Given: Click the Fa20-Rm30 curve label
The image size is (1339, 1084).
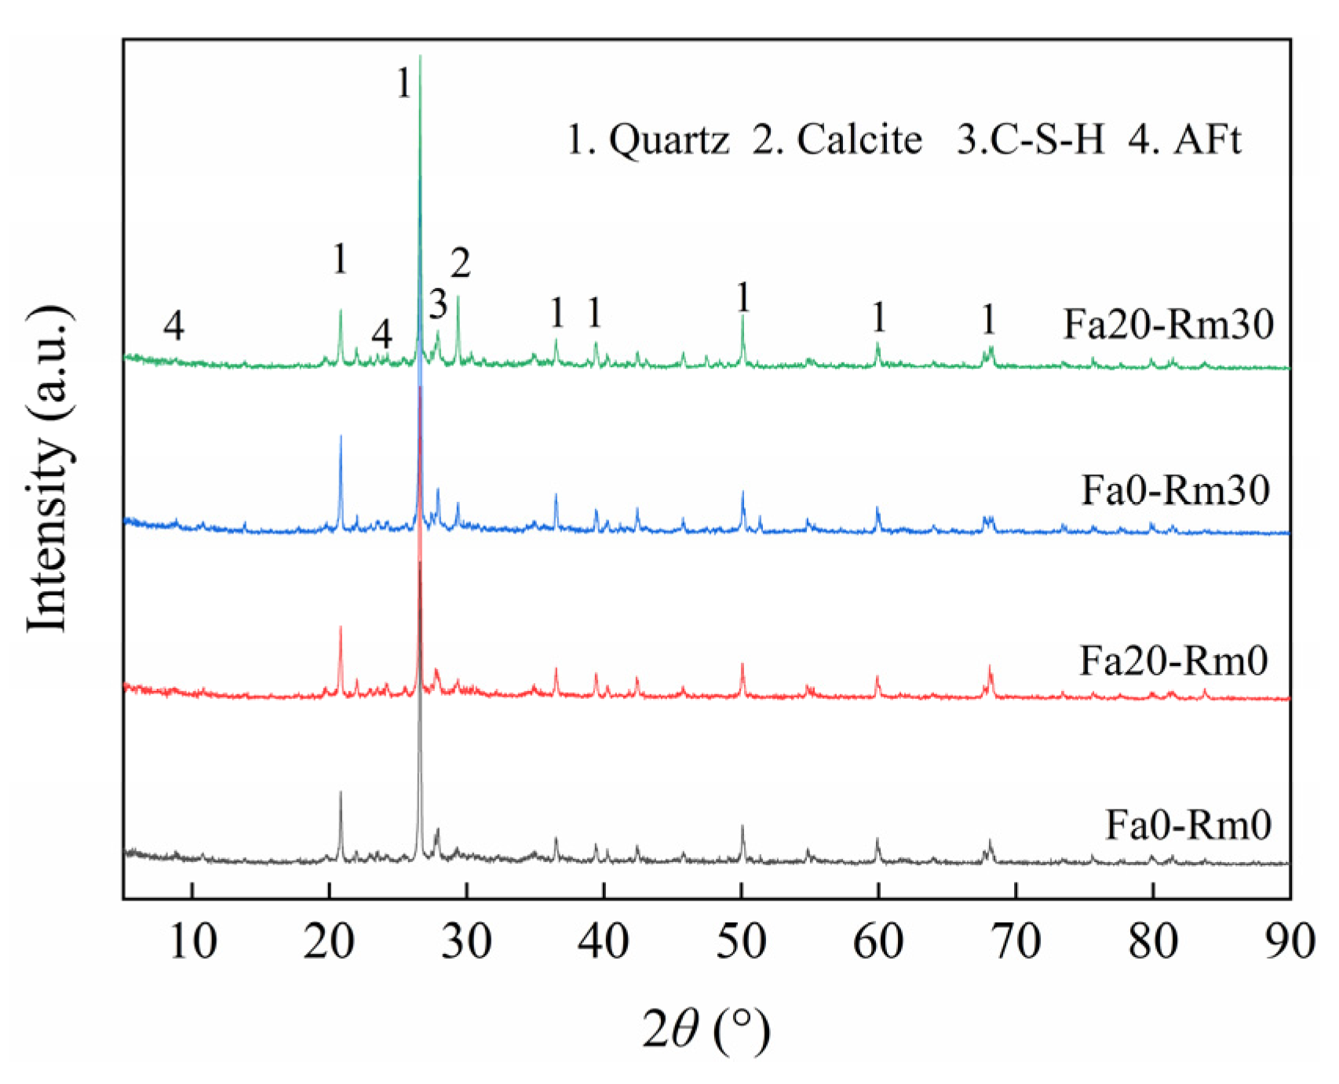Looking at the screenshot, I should coord(1168,324).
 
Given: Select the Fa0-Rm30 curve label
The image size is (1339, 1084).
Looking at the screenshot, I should coord(1175,490).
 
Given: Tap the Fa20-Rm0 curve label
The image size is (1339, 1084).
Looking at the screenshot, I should coord(1173,660).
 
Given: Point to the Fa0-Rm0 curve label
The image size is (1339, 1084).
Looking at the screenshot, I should coord(1188,824).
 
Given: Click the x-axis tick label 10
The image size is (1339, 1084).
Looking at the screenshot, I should coord(192,942).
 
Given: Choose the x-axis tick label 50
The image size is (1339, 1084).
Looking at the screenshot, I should coord(741,942).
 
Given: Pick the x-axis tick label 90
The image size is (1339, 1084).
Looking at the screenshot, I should coord(1289,942).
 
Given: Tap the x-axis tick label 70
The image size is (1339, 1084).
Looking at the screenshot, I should coord(1016,942).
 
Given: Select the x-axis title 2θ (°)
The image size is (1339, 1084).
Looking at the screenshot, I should coord(706,1029).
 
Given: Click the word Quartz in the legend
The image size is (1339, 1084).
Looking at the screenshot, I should coord(669,141).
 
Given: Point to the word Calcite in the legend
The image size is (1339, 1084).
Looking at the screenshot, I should coord(859,141).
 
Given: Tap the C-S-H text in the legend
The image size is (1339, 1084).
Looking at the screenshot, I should coord(1044,141).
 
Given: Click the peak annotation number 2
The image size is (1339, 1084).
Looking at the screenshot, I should coord(460,264).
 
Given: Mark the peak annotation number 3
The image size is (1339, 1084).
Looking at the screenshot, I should coord(438,304).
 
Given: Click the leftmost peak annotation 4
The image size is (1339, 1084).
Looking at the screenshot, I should coord(173,325).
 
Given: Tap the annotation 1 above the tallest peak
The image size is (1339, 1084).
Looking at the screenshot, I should coord(403,83).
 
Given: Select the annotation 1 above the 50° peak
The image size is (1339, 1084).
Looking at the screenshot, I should coord(742,298).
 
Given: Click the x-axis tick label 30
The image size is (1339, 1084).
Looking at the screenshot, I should coord(466,942).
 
